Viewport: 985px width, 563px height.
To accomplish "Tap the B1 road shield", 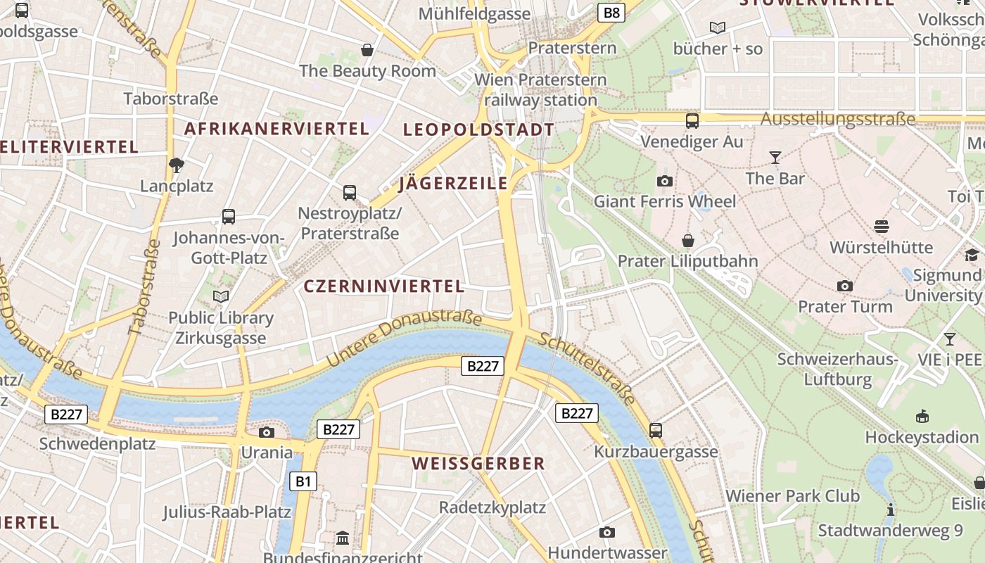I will coord(303,481).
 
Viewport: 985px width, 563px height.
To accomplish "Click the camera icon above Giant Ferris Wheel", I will coord(664,181).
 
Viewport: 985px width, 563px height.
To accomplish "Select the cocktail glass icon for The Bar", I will coord(775,157).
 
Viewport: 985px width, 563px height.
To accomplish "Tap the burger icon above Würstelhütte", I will coord(882,226).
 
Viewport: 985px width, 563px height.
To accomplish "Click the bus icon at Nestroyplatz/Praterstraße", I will coord(350,192).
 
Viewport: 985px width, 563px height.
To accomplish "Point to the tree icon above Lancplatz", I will coord(176,165).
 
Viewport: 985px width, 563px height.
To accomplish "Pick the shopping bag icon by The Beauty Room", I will coord(367,50).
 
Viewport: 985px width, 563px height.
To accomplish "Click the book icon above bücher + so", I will coord(717,27).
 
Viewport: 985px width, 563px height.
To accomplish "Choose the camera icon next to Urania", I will coord(266,432).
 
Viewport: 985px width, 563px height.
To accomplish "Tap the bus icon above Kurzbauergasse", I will coord(656,430).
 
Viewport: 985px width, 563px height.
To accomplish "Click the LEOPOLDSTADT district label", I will coord(478,130).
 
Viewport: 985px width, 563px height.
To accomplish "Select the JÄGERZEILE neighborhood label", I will coord(453,184).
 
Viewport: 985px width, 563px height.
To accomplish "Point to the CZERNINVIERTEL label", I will coord(384,286).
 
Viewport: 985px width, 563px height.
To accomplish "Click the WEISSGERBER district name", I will coord(478,463).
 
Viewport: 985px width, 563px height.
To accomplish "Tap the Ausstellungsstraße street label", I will coord(838,119).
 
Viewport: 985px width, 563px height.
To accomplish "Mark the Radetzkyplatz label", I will coord(493,507).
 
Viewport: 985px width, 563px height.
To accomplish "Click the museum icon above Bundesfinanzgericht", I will coord(343,538).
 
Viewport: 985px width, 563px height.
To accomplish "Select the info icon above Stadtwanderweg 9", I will coord(891,510).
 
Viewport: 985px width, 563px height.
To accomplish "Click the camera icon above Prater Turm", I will coord(845,286).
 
